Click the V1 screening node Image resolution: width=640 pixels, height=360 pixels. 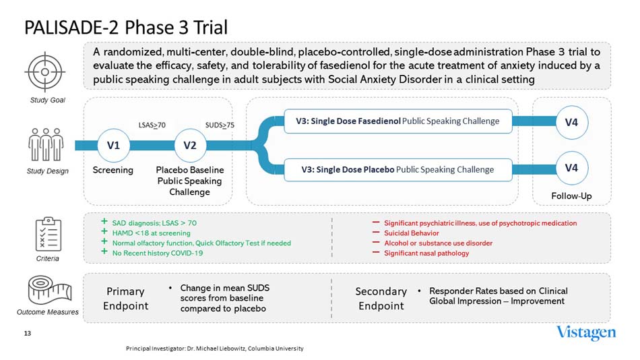[113, 145]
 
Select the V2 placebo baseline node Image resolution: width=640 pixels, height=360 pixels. [190, 145]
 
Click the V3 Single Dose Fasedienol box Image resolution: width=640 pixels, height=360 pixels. [397, 121]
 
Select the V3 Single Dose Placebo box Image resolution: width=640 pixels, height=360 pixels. [397, 169]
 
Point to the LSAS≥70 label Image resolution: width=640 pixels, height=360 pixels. [152, 125]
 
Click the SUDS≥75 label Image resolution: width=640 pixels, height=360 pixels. [219, 125]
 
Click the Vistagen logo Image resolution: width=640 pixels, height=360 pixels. [585, 333]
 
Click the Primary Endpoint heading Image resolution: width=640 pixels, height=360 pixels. [125, 298]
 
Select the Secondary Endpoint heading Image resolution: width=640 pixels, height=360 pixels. [381, 298]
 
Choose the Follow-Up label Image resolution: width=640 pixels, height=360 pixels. [571, 196]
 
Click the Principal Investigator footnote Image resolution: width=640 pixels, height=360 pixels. [215, 349]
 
